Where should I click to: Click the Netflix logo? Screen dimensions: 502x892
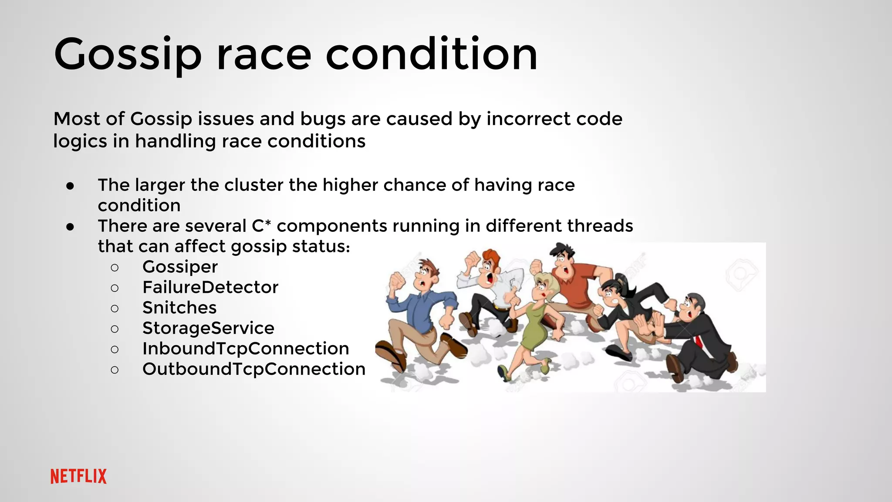pos(78,476)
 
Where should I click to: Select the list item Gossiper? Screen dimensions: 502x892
pos(180,267)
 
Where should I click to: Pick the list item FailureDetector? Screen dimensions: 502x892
pos(210,288)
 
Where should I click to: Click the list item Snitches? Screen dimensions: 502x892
pos(179,308)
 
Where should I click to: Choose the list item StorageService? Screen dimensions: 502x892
pos(208,328)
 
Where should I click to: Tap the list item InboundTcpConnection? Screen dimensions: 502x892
pos(246,349)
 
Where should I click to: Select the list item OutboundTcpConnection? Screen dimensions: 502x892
pos(253,369)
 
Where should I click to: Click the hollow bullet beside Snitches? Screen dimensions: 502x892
pos(115,309)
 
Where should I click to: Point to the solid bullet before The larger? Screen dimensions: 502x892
pos(71,186)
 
